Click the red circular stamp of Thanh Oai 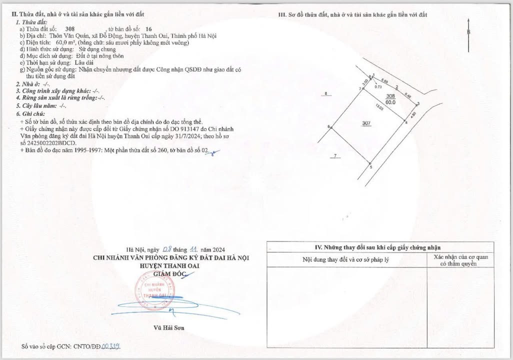coord(151,292)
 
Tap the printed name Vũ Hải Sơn coord(168,328)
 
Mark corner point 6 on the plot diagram coord(329,127)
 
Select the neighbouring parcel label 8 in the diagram coord(326,94)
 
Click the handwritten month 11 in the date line coord(193,249)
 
